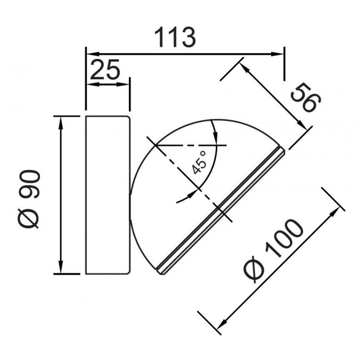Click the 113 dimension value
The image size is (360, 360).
tap(175, 37)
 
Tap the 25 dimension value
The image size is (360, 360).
tap(105, 69)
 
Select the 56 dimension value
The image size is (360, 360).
tap(305, 97)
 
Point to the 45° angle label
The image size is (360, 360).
tap(199, 162)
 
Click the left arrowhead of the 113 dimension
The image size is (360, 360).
tap(93, 54)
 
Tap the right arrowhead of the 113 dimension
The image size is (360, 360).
tap(277, 54)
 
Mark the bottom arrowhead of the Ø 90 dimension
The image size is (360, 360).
tap(61, 267)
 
